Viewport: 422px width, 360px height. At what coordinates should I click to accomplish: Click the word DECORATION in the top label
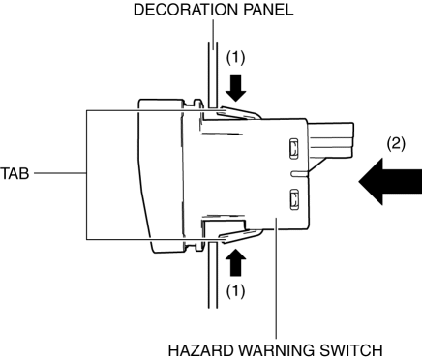186,10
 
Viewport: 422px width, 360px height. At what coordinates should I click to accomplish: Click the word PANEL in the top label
268,10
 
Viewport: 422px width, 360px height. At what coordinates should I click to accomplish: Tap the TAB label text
15,173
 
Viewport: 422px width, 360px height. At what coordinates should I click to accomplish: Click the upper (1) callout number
235,58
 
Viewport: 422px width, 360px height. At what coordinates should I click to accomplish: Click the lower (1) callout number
235,291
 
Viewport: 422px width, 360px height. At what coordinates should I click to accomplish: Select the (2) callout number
396,143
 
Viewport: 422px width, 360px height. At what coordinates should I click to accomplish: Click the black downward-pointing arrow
236,88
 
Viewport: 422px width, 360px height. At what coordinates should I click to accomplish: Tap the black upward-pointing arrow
236,262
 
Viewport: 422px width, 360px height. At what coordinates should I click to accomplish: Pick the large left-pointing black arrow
390,182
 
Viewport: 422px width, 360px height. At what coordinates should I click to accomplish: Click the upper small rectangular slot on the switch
293,149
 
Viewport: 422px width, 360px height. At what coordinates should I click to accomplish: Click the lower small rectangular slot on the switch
294,199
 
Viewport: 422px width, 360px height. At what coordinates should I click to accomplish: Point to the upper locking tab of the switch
238,113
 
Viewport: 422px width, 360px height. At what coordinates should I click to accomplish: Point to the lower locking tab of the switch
240,235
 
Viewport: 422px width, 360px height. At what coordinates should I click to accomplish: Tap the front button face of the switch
159,176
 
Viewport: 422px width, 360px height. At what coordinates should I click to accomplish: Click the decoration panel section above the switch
212,75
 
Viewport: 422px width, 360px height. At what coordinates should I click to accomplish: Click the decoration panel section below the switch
212,275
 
